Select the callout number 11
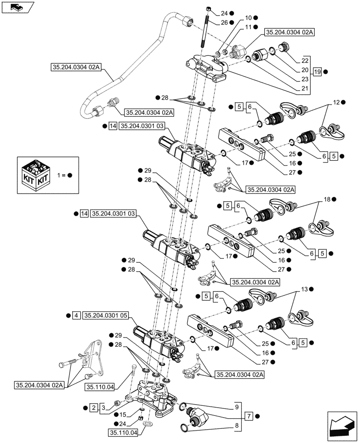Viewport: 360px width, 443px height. [248, 27]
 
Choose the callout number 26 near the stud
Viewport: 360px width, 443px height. [225, 22]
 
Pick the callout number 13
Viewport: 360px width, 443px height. [304, 289]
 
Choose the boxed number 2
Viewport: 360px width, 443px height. [93, 407]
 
